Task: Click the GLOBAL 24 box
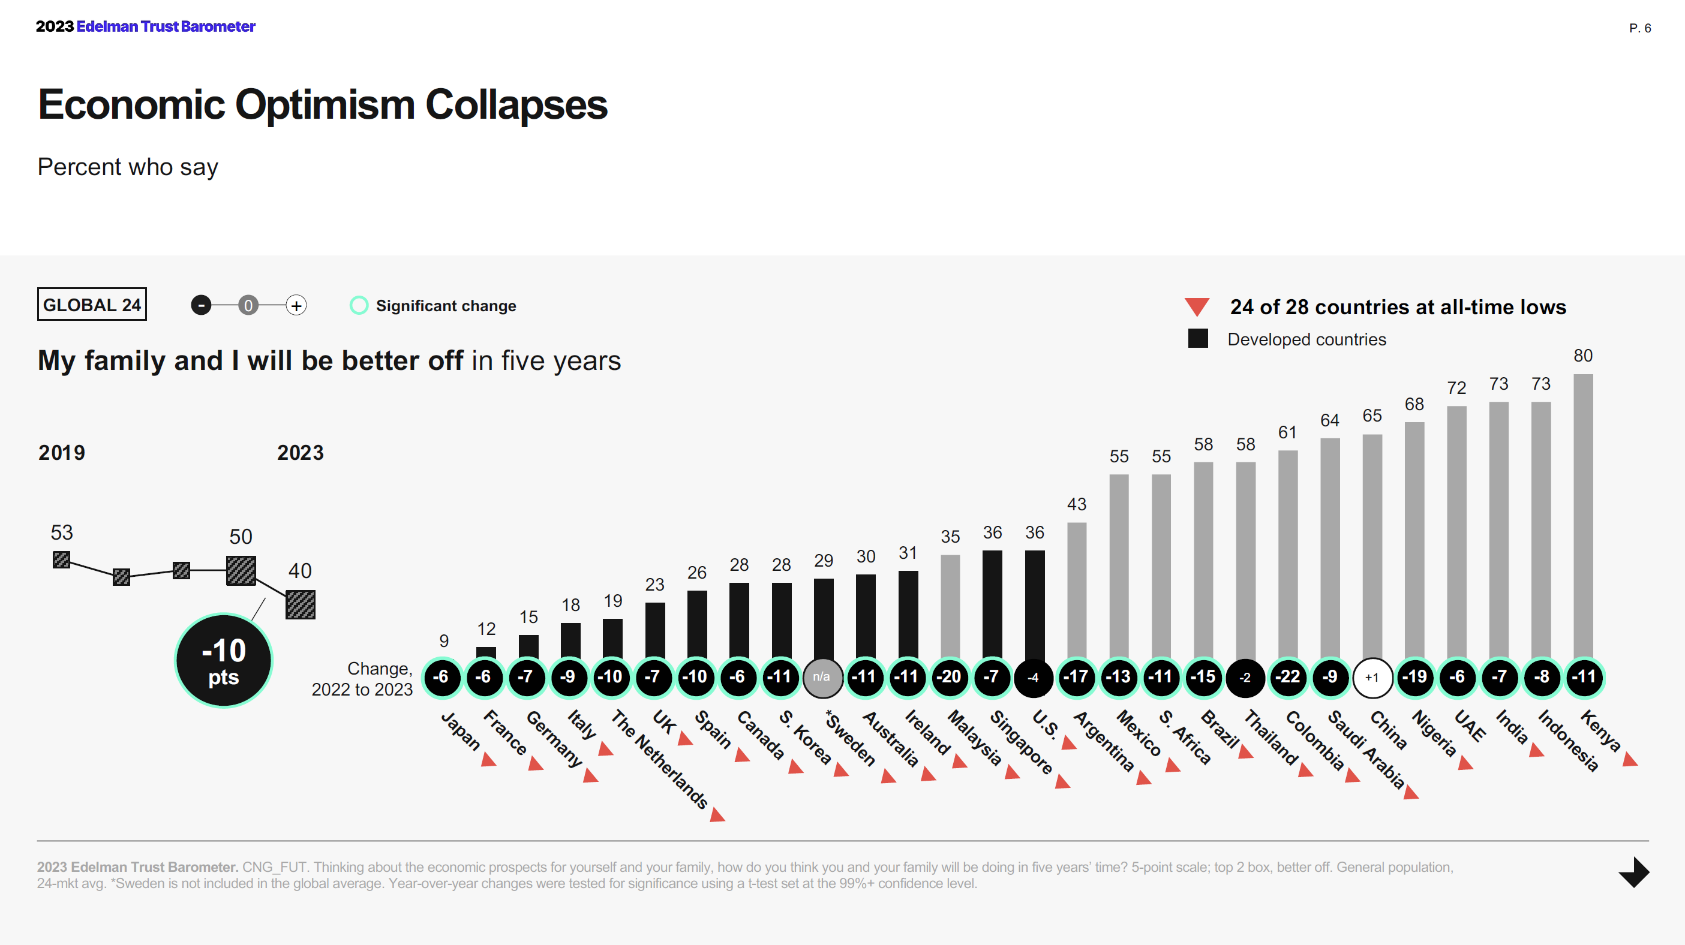point(92,305)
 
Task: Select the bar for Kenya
point(1582,517)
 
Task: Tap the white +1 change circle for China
point(1372,678)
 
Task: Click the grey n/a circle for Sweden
point(822,678)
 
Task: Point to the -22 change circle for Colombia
point(1287,677)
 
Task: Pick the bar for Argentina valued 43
point(1077,589)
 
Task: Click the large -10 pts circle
point(224,661)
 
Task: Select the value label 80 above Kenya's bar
point(1582,356)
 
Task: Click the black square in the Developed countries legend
point(1198,339)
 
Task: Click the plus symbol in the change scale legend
point(296,305)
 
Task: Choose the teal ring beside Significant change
point(359,305)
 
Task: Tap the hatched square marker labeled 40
point(301,604)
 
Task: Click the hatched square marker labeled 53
point(62,560)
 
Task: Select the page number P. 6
point(1639,28)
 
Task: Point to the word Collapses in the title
point(516,105)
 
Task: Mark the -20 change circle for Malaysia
point(950,677)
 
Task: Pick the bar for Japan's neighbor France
point(486,652)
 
